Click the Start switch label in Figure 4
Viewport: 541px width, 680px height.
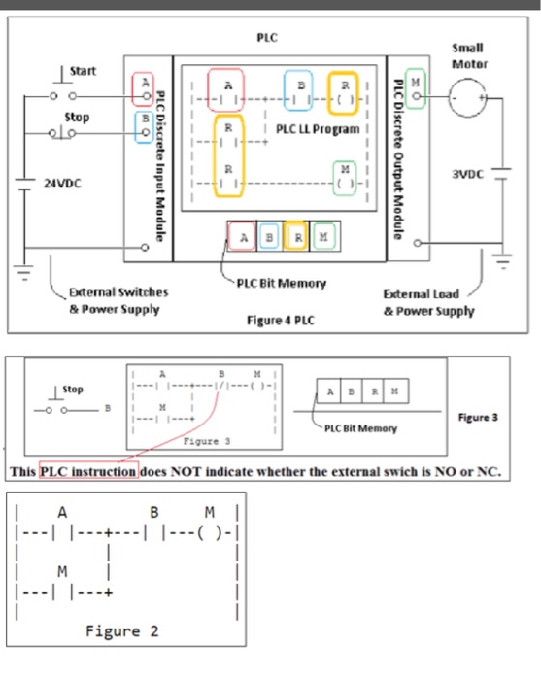pos(84,71)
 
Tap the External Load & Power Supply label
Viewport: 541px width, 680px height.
pos(428,301)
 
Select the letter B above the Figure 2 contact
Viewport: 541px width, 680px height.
pos(153,512)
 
